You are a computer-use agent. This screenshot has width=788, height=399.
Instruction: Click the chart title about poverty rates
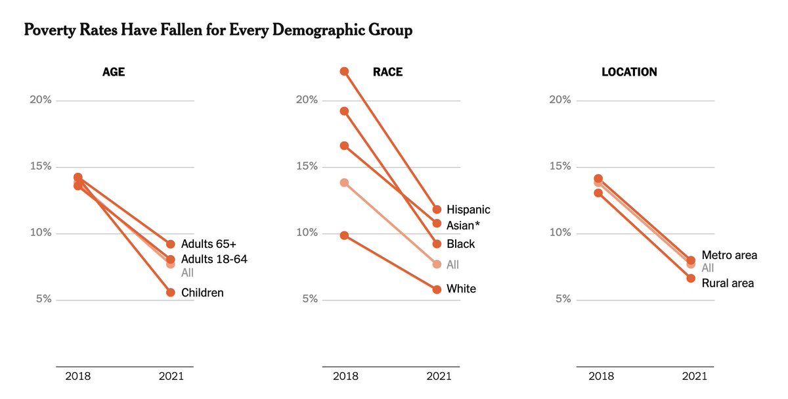click(218, 30)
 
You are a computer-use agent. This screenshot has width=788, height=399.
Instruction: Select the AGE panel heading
click(113, 72)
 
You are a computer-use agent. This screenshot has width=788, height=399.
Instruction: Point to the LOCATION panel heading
click(629, 72)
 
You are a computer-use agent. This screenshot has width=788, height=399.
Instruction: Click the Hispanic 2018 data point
click(344, 71)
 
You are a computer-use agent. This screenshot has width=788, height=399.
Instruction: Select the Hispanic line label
click(468, 210)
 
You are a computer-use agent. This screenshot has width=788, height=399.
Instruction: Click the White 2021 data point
click(437, 289)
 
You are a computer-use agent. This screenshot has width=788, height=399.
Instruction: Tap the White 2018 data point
click(344, 235)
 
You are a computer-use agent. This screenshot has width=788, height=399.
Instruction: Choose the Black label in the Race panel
click(460, 244)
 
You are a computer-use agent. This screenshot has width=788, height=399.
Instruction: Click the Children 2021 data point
click(171, 293)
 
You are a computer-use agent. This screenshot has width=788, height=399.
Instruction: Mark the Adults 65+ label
click(208, 245)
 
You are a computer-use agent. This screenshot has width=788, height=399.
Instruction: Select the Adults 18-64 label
click(214, 260)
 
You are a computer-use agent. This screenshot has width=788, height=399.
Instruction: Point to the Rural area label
click(728, 283)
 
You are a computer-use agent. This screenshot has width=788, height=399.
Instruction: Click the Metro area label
click(729, 255)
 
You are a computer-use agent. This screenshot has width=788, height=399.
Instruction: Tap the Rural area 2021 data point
click(691, 279)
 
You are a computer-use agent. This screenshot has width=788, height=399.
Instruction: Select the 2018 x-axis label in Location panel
click(601, 377)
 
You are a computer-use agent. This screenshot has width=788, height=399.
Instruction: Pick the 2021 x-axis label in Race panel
click(439, 377)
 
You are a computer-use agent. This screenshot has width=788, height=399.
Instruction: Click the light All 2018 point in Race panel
click(344, 183)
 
